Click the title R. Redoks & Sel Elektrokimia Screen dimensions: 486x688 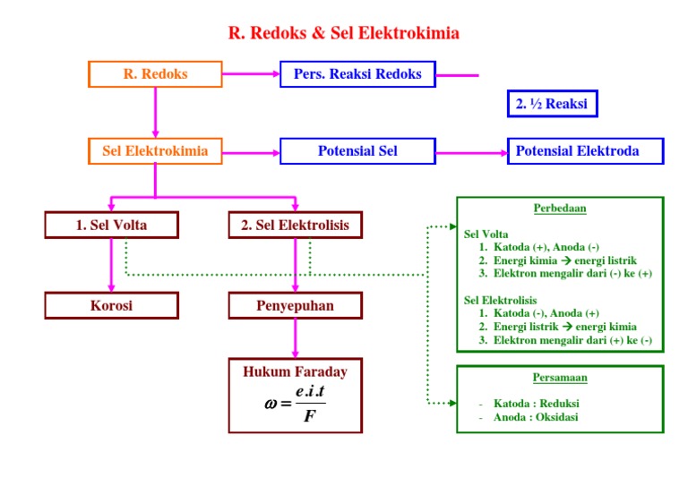344,34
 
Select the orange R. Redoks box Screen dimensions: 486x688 155,74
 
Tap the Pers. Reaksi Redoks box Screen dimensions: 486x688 357,74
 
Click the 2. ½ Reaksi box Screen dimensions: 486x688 552,105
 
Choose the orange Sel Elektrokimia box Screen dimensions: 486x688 155,151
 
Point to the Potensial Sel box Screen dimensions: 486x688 357,151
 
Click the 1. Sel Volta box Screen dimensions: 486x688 111,226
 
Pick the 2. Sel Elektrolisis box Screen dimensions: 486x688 295,226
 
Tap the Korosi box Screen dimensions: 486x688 111,306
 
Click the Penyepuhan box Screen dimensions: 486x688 295,306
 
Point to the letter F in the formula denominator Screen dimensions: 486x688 308,416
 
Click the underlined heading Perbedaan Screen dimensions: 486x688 560,209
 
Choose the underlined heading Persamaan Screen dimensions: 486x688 560,378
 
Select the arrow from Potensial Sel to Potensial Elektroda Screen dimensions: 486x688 471,152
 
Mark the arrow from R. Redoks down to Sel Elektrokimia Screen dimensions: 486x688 155,113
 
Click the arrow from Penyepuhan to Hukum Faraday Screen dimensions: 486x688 295,339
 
